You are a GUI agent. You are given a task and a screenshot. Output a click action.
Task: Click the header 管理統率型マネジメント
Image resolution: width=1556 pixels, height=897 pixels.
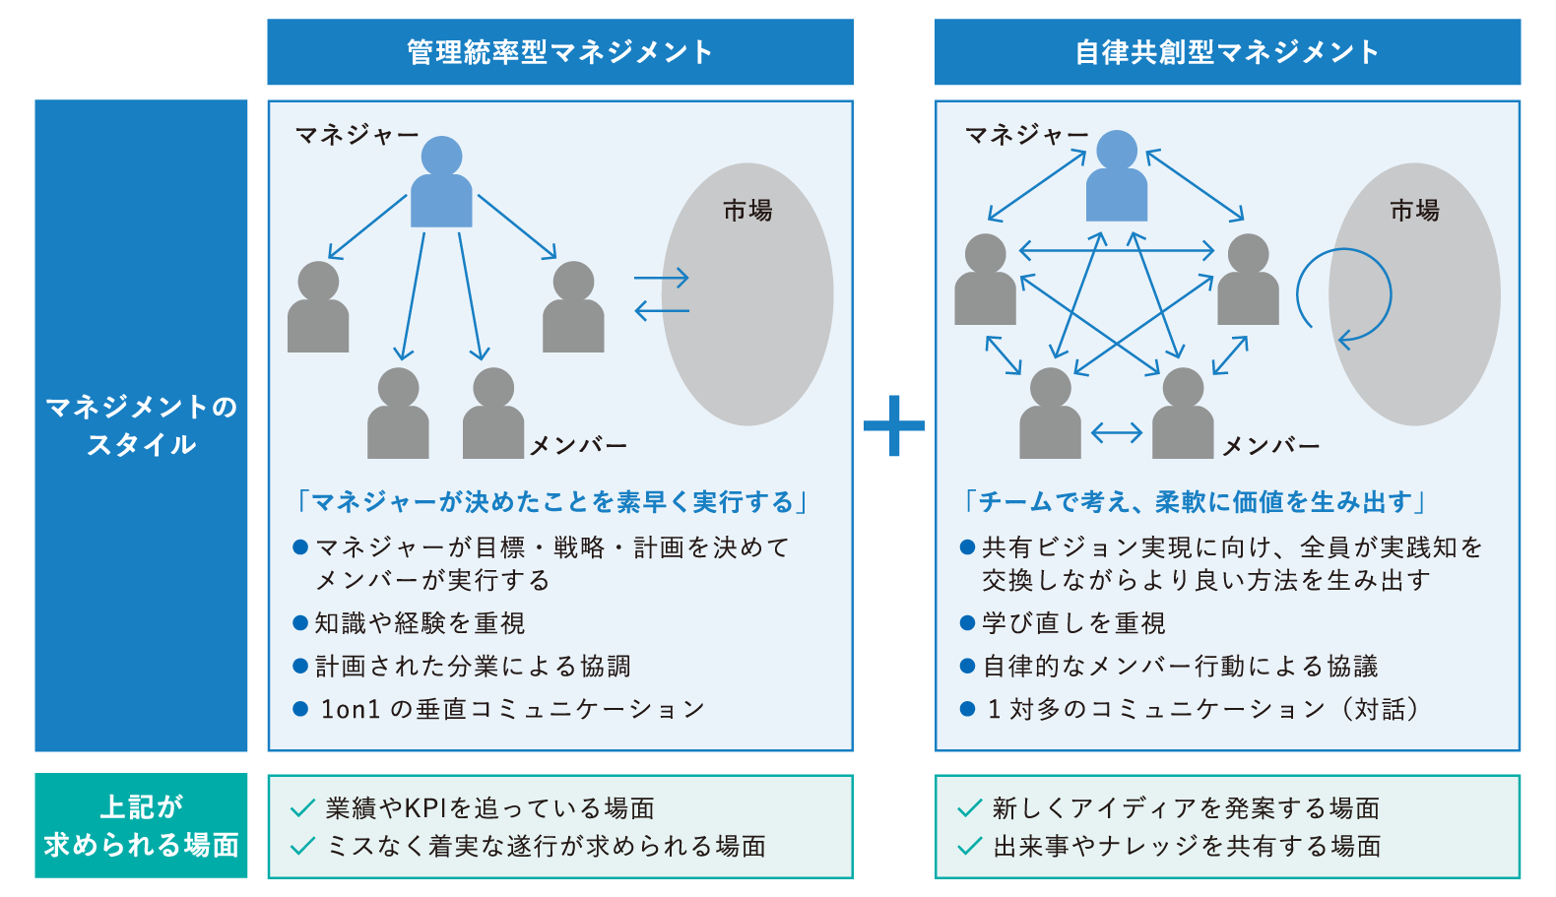pyautogui.click(x=559, y=52)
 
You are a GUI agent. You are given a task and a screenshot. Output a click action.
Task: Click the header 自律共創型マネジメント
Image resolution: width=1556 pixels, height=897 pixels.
pyautogui.click(x=1226, y=52)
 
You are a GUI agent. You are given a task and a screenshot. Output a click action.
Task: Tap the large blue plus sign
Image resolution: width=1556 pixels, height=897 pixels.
pyautogui.click(x=893, y=425)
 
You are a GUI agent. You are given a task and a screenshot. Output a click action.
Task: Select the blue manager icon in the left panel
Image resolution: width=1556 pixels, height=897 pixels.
pyautogui.click(x=441, y=184)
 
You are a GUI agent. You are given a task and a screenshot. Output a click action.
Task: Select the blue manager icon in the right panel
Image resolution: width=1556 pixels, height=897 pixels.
pyautogui.click(x=1116, y=177)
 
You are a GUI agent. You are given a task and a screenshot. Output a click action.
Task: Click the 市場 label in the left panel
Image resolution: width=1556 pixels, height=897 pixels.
pyautogui.click(x=747, y=210)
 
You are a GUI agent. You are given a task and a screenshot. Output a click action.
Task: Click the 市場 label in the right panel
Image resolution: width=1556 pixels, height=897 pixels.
pyautogui.click(x=1414, y=210)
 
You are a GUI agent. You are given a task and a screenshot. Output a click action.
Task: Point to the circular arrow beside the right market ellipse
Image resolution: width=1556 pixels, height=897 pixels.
pyautogui.click(x=1343, y=294)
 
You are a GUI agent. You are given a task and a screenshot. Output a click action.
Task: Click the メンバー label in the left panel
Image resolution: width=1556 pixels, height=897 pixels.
pyautogui.click(x=579, y=446)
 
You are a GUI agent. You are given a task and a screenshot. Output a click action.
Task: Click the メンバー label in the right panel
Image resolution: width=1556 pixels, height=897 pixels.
pyautogui.click(x=1270, y=446)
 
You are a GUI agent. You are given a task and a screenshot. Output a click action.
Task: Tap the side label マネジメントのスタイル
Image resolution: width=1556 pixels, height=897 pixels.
pyautogui.click(x=141, y=425)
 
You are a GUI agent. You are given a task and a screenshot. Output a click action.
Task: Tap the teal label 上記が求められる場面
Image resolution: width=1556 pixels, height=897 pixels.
pyautogui.click(x=141, y=825)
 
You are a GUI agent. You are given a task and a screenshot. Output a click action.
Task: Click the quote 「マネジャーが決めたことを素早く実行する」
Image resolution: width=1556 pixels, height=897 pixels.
pyautogui.click(x=552, y=502)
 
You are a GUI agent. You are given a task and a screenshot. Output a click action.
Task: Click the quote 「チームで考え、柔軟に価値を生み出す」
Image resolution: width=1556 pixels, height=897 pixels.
pyautogui.click(x=1195, y=502)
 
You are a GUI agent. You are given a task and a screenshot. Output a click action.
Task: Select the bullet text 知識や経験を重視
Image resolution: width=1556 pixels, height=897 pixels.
pyautogui.click(x=420, y=623)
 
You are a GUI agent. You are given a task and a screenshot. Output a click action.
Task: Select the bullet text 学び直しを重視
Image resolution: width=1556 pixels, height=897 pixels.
pyautogui.click(x=1073, y=623)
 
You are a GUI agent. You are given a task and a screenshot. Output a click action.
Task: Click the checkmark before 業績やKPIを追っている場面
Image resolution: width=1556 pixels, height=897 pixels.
pyautogui.click(x=302, y=809)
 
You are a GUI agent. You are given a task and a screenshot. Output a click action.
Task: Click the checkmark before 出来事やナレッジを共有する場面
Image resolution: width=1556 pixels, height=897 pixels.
pyautogui.click(x=970, y=846)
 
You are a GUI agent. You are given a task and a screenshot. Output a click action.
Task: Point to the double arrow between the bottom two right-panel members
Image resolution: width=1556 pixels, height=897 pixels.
pyautogui.click(x=1116, y=432)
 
